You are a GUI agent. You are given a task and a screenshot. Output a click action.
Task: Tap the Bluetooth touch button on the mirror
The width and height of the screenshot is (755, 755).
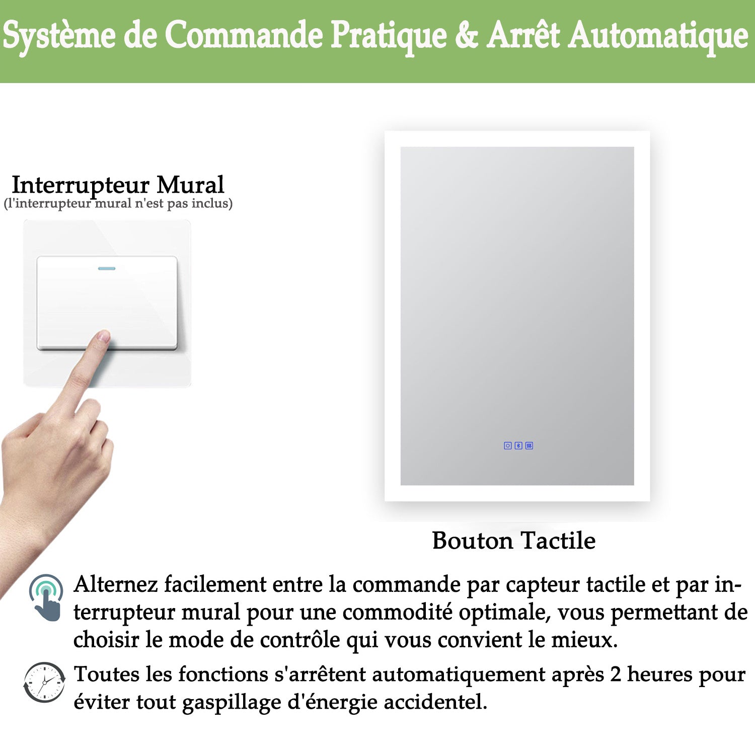tap(518, 445)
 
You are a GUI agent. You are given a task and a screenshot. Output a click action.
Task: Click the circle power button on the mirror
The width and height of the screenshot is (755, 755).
tap(508, 445)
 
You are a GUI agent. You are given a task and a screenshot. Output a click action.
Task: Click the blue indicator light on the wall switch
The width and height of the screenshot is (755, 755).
tap(107, 268)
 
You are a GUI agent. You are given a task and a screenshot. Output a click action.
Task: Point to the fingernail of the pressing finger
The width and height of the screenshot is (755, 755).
tap(104, 337)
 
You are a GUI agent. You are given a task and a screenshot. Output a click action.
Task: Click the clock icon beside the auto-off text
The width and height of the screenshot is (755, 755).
tap(44, 683)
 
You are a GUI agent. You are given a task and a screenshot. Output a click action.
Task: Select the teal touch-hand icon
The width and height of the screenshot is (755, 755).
tap(46, 597)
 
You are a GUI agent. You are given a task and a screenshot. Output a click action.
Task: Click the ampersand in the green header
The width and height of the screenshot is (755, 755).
tap(467, 35)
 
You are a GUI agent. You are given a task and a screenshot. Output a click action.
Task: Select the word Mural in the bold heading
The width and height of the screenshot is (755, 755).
tap(190, 185)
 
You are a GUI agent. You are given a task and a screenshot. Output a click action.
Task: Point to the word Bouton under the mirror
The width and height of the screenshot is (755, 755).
tap(473, 540)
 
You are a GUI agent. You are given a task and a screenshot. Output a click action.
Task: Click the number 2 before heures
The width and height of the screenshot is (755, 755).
tap(616, 674)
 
